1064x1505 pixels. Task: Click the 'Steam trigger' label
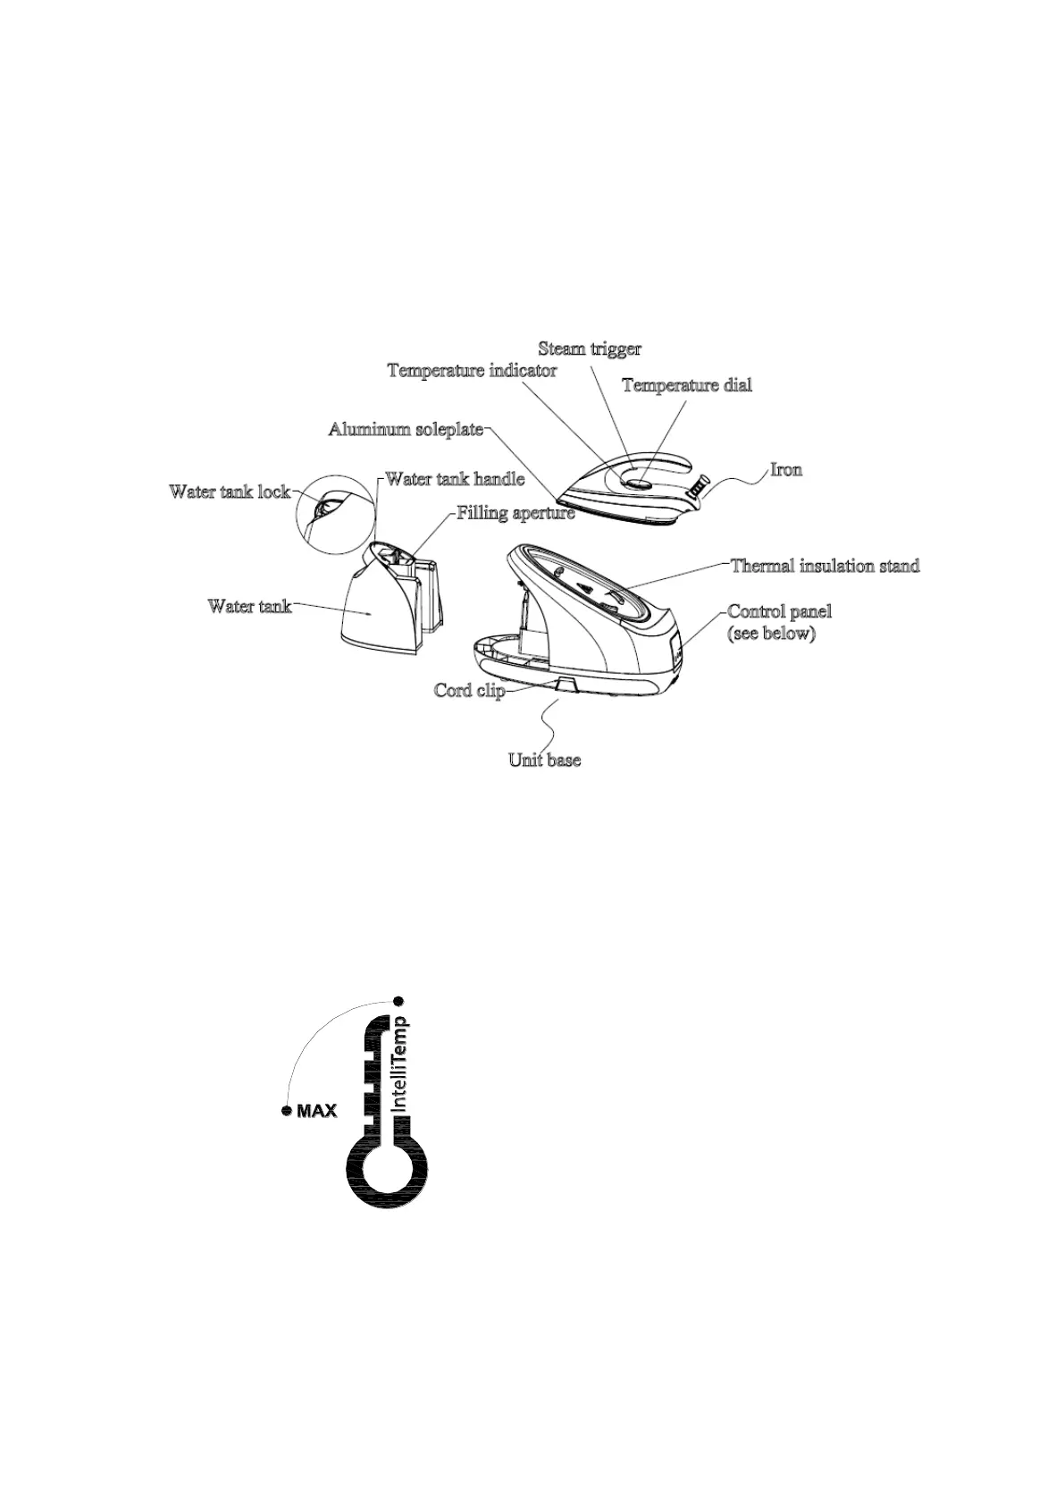(589, 349)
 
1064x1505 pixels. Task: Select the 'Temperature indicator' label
(472, 371)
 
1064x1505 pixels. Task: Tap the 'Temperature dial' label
(686, 385)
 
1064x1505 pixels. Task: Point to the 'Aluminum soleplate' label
(406, 430)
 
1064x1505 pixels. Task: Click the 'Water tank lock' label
(229, 492)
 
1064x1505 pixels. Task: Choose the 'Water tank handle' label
(454, 479)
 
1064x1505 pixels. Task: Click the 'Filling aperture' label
(515, 514)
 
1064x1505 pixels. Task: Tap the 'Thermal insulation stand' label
(824, 566)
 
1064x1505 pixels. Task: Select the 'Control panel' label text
(779, 612)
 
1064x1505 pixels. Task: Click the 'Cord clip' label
(469, 691)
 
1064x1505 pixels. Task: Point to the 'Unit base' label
(544, 761)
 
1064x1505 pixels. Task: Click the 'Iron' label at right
(786, 470)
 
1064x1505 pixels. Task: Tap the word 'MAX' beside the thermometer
(316, 1112)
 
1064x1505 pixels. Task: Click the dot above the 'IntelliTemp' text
(399, 1000)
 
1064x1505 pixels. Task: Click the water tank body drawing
(375, 608)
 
